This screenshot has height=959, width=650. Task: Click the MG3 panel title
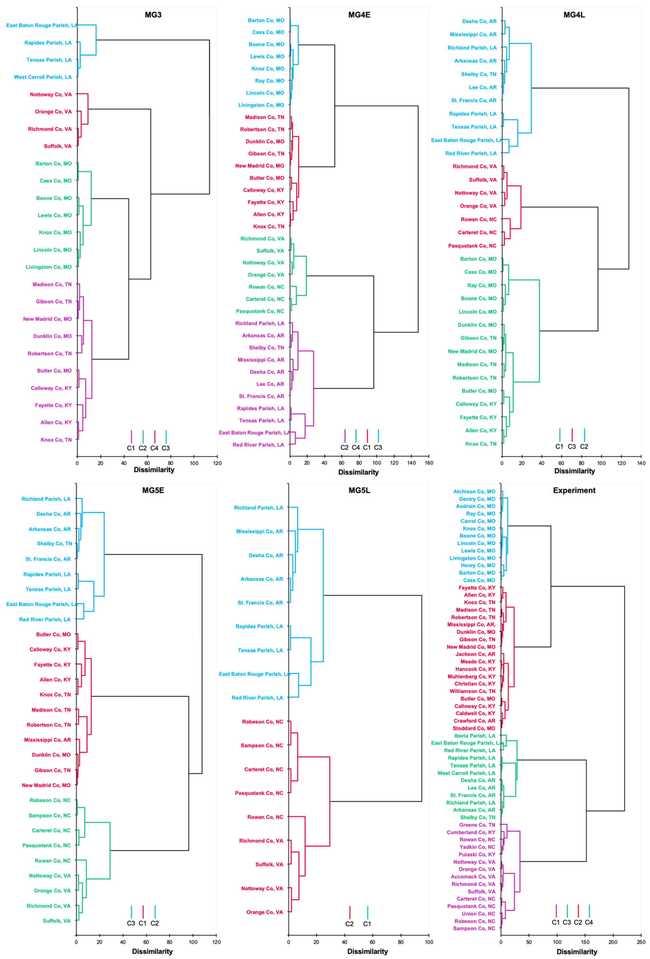(x=153, y=15)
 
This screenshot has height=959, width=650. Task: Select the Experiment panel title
(x=574, y=490)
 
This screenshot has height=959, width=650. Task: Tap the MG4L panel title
(x=574, y=15)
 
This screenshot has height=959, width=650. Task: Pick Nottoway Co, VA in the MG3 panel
(x=50, y=95)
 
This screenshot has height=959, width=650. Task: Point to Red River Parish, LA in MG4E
(x=258, y=445)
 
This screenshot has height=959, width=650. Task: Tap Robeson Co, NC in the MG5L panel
(x=262, y=722)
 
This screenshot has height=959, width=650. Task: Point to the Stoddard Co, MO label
(x=474, y=728)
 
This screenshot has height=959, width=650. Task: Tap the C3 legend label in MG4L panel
(x=572, y=446)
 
